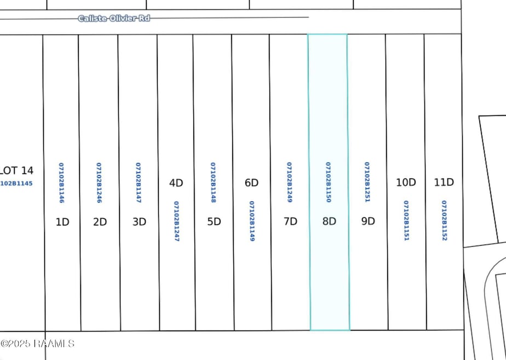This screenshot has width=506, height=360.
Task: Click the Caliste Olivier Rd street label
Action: coord(114,18)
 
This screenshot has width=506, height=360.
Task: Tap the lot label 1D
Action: coord(63,222)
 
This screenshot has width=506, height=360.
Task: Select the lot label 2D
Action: coord(100,222)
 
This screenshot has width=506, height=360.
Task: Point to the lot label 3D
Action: coord(139,222)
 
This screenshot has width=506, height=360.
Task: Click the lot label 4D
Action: coord(176,183)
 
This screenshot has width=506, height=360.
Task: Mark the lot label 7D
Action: coord(290,222)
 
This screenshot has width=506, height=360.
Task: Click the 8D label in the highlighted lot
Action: coord(329,222)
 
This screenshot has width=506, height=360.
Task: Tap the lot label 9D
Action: coord(368,222)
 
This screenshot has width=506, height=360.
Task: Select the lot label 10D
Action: coord(406,182)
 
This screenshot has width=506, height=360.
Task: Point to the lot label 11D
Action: coord(444,182)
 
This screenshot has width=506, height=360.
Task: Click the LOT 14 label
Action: coord(16,170)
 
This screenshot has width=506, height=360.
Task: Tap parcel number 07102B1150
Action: coord(328,182)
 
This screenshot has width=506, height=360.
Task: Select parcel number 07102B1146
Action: coord(62,183)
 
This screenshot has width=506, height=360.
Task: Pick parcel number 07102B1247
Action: coord(176,221)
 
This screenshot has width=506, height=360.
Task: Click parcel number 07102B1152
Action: coord(444,220)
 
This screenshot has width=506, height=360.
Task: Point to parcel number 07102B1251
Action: coord(367,182)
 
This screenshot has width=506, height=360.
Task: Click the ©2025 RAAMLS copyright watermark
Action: coord(37,344)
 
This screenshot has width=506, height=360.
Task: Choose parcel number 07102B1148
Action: coord(214,182)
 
